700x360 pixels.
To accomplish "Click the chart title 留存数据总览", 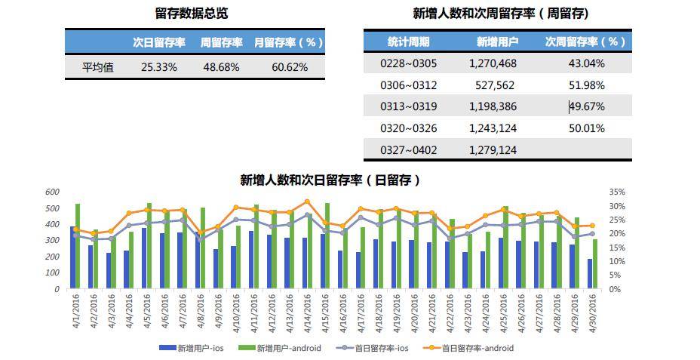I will click(191, 14).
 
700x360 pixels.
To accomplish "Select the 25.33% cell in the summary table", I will click(158, 67).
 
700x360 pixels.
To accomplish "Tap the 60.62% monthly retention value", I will click(290, 67).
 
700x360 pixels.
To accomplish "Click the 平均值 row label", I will click(98, 67).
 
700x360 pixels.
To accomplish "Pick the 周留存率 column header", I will click(221, 42).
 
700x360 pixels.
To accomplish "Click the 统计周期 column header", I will click(408, 42).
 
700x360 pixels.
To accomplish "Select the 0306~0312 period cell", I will click(408, 85).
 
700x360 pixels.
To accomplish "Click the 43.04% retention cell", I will click(586, 64).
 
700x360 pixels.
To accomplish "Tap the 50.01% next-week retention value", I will click(586, 128).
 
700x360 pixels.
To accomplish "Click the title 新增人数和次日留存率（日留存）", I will click(330, 180).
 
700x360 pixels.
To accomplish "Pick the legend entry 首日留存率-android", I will click(477, 348).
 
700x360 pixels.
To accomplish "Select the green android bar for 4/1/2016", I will click(78, 245).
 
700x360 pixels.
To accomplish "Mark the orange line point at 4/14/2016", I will click(307, 202).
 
